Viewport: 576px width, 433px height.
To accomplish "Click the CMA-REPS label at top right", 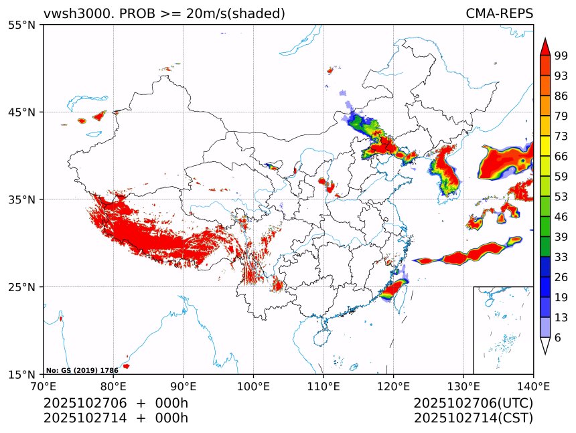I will click(x=499, y=13).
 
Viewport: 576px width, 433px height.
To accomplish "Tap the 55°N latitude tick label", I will click(x=26, y=25).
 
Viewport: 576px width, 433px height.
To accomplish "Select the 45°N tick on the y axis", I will click(x=26, y=112).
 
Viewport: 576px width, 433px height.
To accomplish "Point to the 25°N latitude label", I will click(x=26, y=287).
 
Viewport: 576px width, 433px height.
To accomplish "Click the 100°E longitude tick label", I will click(x=253, y=385).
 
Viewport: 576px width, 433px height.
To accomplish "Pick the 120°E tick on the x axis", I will click(x=393, y=385).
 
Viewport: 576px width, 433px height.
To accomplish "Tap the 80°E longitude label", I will click(x=113, y=385).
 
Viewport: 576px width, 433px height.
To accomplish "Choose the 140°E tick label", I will click(x=533, y=385).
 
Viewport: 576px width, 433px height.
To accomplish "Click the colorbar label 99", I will click(x=561, y=56).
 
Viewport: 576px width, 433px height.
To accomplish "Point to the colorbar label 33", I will click(x=561, y=257).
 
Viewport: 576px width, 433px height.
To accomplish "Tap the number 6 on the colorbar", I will click(x=558, y=338).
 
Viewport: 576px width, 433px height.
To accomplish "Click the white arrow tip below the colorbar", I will click(x=545, y=347).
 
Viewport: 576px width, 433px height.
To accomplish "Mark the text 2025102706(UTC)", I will click(x=473, y=403).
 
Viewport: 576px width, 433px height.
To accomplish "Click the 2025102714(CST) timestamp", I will click(x=473, y=418).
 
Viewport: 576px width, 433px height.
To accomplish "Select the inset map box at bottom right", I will click(x=503, y=330).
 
